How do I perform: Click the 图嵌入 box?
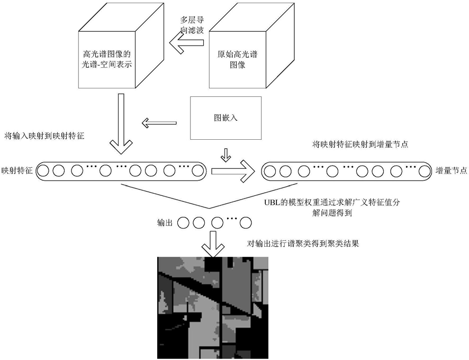click(226, 118)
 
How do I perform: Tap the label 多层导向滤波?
click(192, 25)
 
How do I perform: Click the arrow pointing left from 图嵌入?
click(159, 123)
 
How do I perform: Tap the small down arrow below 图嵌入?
click(226, 155)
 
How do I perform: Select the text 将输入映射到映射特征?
click(44, 136)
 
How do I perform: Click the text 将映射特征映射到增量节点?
click(360, 145)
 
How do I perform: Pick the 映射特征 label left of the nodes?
click(17, 171)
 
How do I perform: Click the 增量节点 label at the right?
click(452, 171)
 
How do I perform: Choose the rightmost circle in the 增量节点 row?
click(423, 171)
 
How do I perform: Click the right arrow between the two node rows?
click(233, 171)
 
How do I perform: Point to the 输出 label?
click(165, 223)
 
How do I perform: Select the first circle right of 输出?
click(183, 223)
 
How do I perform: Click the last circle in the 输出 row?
click(246, 223)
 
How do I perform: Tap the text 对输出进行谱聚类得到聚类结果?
click(303, 244)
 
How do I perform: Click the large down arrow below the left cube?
click(121, 124)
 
